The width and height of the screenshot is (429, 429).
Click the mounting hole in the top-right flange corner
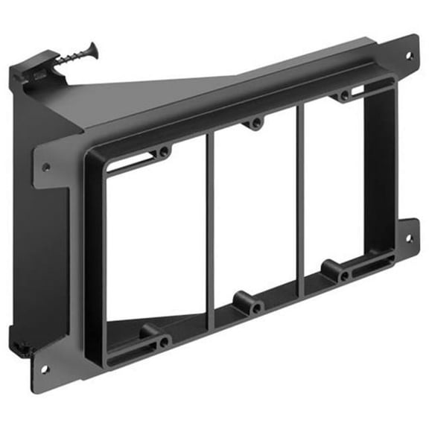(x=408, y=56)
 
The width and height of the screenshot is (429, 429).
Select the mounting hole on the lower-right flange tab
(x=407, y=239)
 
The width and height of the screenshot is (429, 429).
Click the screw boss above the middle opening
(x=256, y=123)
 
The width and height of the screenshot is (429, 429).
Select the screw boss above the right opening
(x=343, y=96)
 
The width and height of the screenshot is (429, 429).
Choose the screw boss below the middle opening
(x=256, y=305)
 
